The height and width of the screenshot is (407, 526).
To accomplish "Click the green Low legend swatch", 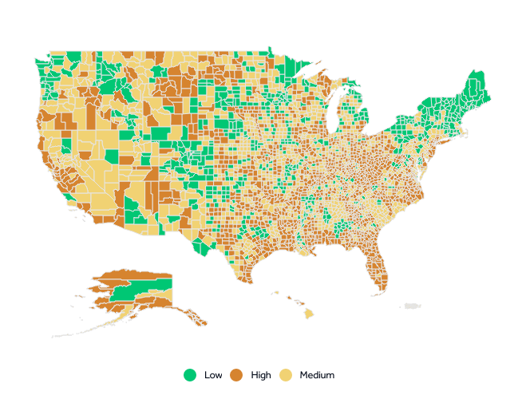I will pos(190,375).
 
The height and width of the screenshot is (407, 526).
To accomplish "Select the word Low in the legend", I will pos(213,375).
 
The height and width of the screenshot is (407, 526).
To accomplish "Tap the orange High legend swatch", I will pos(236,375).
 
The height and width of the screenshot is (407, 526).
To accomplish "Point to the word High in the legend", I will pos(261,375).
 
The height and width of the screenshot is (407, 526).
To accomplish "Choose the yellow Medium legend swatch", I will pos(286,375).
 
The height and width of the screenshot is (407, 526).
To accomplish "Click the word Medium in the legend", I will pos(317,375).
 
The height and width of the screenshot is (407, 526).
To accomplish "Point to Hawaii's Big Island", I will pos(308,314).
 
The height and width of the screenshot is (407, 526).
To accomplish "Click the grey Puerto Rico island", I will pos(412,306).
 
